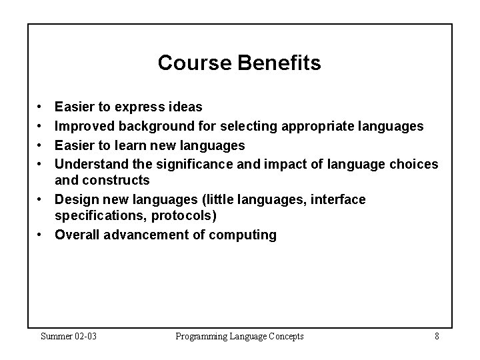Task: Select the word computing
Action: (243, 235)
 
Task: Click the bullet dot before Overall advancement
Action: (41, 235)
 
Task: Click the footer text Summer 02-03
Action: (69, 336)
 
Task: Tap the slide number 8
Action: (436, 336)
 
